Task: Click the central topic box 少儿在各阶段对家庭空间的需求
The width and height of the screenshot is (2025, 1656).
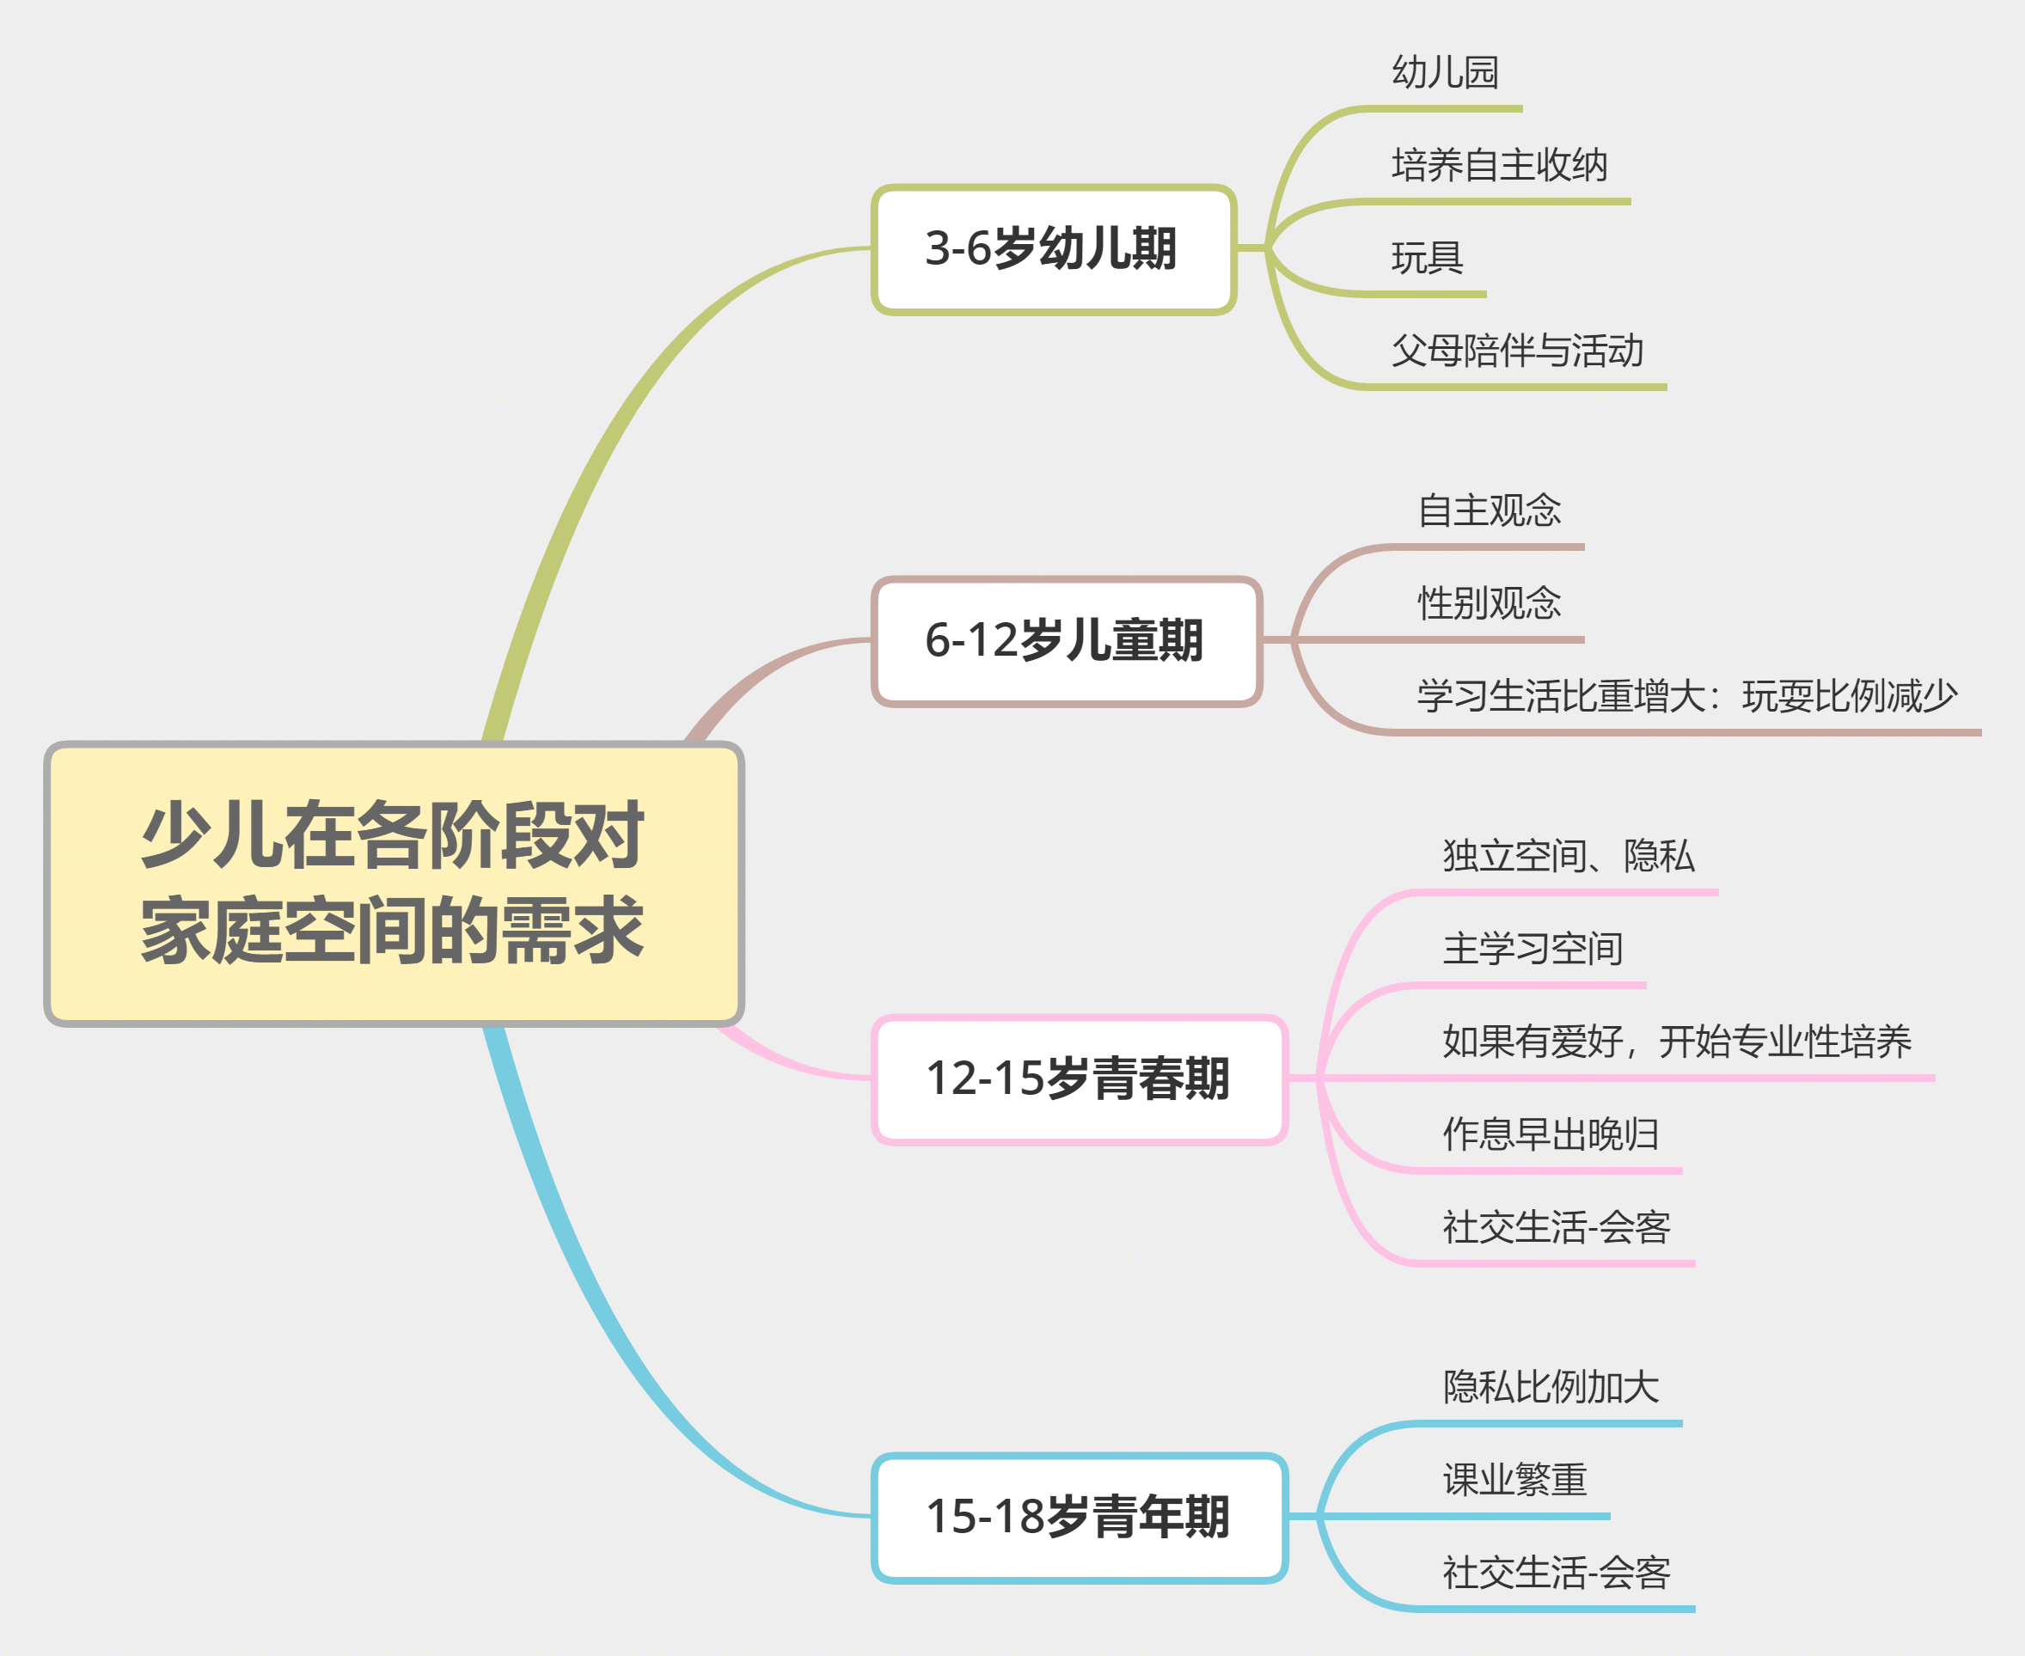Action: coord(394,883)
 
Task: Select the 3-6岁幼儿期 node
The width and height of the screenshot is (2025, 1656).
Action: coord(1054,250)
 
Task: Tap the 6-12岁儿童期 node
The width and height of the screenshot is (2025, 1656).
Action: coord(1068,641)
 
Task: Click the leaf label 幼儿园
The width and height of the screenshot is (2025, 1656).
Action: coord(1445,72)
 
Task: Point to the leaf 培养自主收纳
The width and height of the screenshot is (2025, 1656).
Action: coord(1500,165)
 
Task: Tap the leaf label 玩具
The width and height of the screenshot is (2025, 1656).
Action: coord(1427,258)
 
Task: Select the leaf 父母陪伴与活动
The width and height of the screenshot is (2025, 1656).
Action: coord(1518,350)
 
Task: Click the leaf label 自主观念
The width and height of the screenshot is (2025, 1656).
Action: coord(1489,510)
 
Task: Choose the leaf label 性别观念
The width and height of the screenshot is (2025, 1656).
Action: coord(1489,603)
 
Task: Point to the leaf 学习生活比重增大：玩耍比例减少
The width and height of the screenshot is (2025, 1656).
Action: coord(1687,695)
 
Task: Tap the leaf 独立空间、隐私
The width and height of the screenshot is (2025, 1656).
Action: coord(1569,856)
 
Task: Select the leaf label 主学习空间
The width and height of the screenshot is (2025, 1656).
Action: coord(1533,948)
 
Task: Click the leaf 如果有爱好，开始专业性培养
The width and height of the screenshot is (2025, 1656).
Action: coord(1677,1041)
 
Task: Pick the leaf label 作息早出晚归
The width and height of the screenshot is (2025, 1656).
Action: coord(1551,1134)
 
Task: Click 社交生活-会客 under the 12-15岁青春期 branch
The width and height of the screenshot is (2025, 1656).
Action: coord(1557,1226)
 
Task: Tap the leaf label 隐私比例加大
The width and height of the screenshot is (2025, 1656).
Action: coord(1551,1387)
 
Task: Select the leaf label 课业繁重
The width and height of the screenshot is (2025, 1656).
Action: coord(1514,1480)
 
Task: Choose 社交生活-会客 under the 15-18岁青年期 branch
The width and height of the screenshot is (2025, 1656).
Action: coord(1557,1572)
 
